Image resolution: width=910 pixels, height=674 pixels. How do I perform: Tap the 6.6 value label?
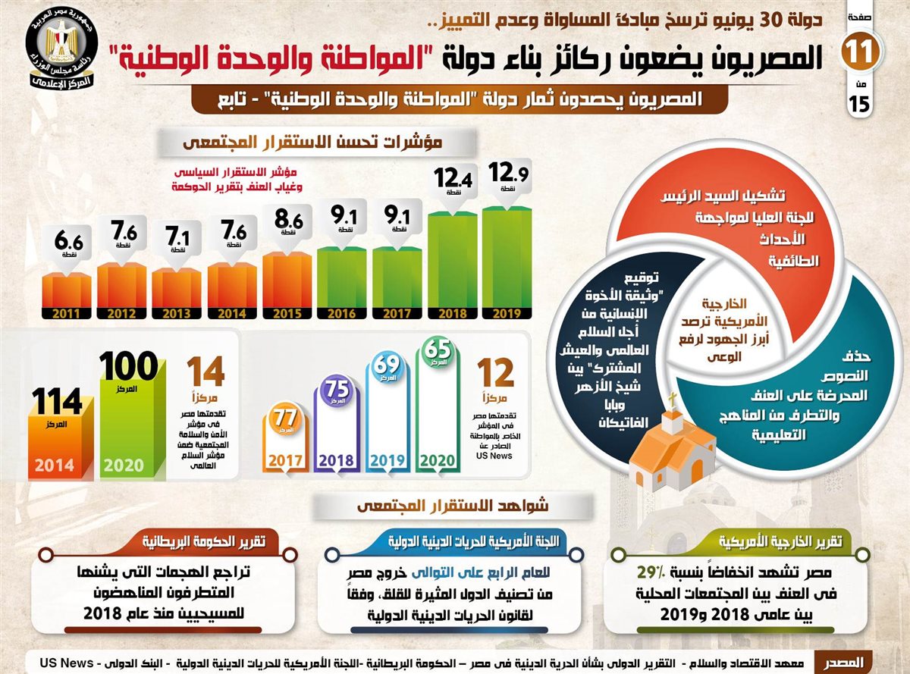tap(66, 243)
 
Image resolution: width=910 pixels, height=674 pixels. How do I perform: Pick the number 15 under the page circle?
tap(860, 105)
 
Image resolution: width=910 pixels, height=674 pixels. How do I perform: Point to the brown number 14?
tap(206, 374)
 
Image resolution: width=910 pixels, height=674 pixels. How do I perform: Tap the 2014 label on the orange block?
tap(53, 464)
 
